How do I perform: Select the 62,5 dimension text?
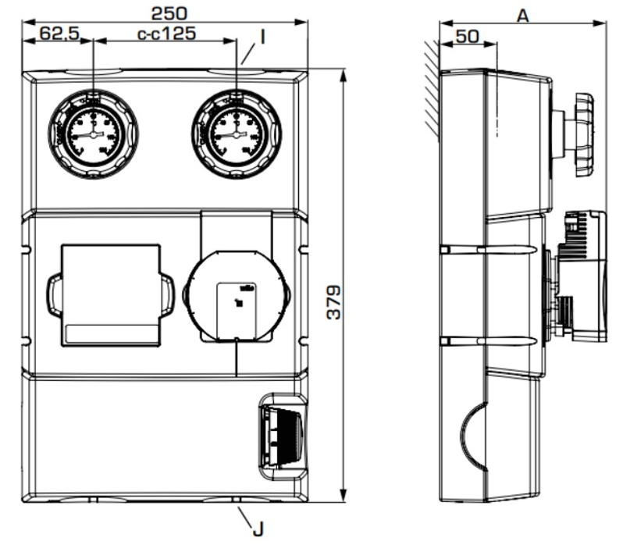tap(56, 34)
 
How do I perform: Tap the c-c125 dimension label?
tap(165, 34)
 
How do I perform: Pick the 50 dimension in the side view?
tap(467, 36)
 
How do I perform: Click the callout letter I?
tap(262, 37)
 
